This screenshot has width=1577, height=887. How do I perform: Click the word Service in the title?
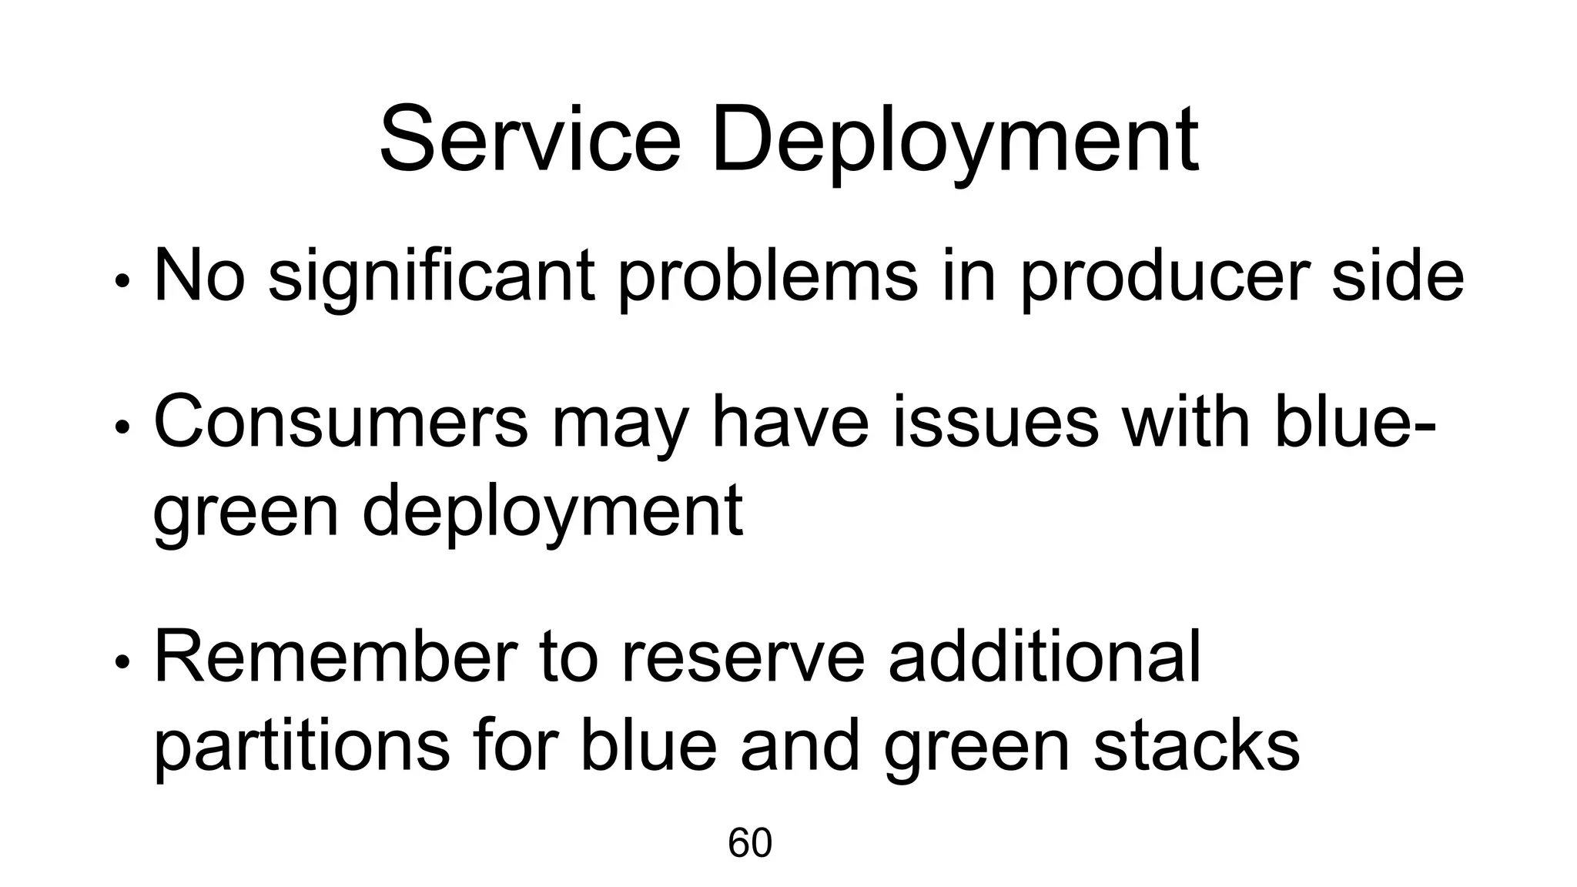click(530, 140)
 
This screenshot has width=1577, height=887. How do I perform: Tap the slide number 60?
click(749, 843)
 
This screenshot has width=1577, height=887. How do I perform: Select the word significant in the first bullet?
click(430, 276)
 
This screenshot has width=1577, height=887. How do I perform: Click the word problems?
click(768, 276)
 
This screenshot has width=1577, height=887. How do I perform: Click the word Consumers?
click(341, 423)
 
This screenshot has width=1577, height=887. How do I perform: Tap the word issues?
click(996, 423)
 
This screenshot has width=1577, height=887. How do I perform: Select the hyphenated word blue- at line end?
click(1355, 423)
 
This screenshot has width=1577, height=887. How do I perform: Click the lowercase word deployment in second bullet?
click(552, 512)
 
